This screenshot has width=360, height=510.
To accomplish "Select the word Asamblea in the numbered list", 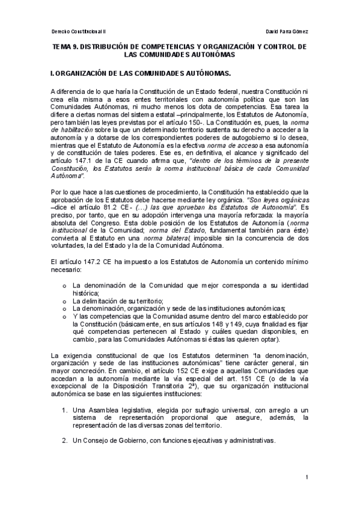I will click(100, 410).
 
